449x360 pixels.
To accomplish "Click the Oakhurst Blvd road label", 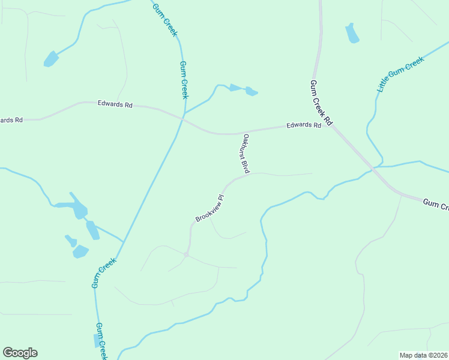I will (246, 154).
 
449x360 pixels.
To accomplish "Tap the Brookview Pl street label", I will (209, 208).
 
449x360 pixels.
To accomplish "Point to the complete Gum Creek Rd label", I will (321, 103).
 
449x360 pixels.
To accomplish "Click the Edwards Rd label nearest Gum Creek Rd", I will (303, 125).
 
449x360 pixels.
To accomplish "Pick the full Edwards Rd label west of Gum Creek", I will (115, 104).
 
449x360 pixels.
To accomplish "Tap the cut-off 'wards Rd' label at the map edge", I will (11, 120).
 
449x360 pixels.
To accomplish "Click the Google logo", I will (20, 353).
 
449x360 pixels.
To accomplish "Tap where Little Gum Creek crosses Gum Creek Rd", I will (376, 167).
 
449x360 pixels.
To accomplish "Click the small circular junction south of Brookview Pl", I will (187, 254).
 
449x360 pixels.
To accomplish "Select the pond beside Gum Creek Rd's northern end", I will (352, 34).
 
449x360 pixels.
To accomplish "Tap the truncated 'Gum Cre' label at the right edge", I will (436, 205).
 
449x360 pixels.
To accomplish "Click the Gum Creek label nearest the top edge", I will (165, 19).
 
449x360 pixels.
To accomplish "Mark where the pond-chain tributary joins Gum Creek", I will (124, 242).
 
